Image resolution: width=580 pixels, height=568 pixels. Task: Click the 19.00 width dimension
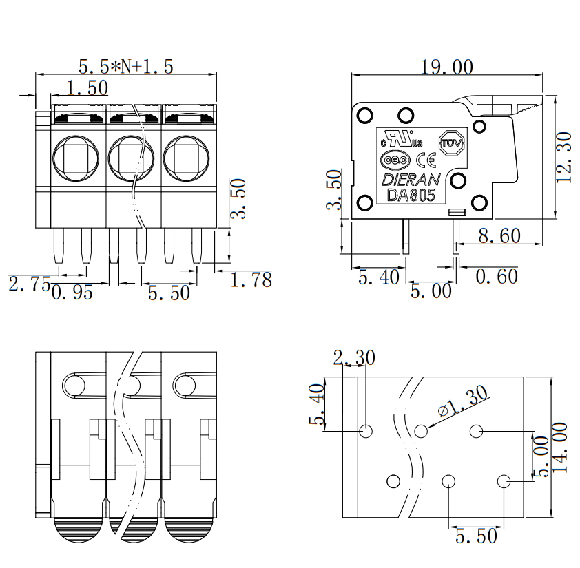[447, 67]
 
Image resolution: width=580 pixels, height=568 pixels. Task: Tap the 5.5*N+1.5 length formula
[126, 67]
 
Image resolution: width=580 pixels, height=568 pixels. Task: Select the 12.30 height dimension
[563, 157]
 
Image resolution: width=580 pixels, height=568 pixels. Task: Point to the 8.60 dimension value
[499, 235]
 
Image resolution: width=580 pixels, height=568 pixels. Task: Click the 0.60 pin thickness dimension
[497, 276]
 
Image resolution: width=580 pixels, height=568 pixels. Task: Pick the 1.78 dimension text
[251, 280]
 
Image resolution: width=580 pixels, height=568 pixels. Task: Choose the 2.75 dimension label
[29, 284]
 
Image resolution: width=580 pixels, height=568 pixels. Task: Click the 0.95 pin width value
[72, 292]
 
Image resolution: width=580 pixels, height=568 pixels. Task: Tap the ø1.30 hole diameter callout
[463, 401]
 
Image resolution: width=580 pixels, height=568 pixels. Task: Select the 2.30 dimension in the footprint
[354, 357]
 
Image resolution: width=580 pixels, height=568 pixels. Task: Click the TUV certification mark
[451, 143]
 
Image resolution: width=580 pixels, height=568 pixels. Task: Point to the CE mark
[426, 160]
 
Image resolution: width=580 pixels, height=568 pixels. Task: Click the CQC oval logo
[395, 160]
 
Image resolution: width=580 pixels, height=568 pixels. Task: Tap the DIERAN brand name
[411, 180]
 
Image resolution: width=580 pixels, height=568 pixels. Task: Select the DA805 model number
[411, 196]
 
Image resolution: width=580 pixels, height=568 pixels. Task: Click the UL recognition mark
[402, 139]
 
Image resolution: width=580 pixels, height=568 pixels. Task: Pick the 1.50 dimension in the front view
[87, 88]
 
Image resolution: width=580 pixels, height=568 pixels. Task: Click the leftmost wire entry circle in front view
[76, 158]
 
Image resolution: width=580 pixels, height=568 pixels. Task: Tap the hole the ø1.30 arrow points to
[421, 431]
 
